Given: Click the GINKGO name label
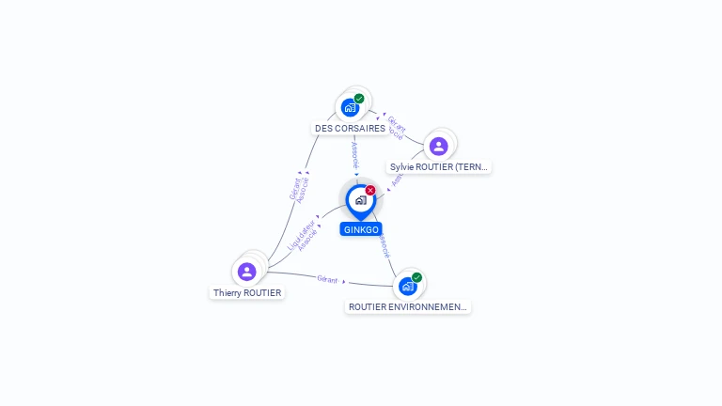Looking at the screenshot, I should [361, 229].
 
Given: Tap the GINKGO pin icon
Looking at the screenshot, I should [360, 200].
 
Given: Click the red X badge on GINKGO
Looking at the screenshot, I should [370, 190].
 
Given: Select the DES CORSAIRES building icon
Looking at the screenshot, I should [350, 107].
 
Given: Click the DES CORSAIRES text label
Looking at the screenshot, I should [350, 128].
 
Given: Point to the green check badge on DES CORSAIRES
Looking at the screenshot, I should [359, 98].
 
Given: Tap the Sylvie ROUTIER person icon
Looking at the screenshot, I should [438, 146].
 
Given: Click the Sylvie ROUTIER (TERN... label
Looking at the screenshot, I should [440, 167].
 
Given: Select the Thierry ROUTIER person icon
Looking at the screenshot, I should [247, 272].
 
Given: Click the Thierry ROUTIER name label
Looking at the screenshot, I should [247, 292].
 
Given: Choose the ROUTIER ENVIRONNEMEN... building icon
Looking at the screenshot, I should [407, 286].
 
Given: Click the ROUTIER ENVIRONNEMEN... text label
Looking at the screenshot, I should [408, 306].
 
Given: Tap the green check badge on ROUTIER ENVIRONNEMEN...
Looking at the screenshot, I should [416, 277].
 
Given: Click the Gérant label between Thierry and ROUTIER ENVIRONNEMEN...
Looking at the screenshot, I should [327, 279].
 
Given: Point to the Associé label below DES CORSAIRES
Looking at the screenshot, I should [355, 155].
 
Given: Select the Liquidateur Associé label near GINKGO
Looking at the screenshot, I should [301, 236].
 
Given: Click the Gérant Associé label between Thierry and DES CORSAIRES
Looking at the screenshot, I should [298, 189].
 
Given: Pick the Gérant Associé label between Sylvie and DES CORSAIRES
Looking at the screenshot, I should [397, 128].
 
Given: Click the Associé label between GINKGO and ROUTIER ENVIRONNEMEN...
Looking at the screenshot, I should [384, 246].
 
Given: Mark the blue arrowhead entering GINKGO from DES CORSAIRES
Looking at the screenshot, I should [356, 175].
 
